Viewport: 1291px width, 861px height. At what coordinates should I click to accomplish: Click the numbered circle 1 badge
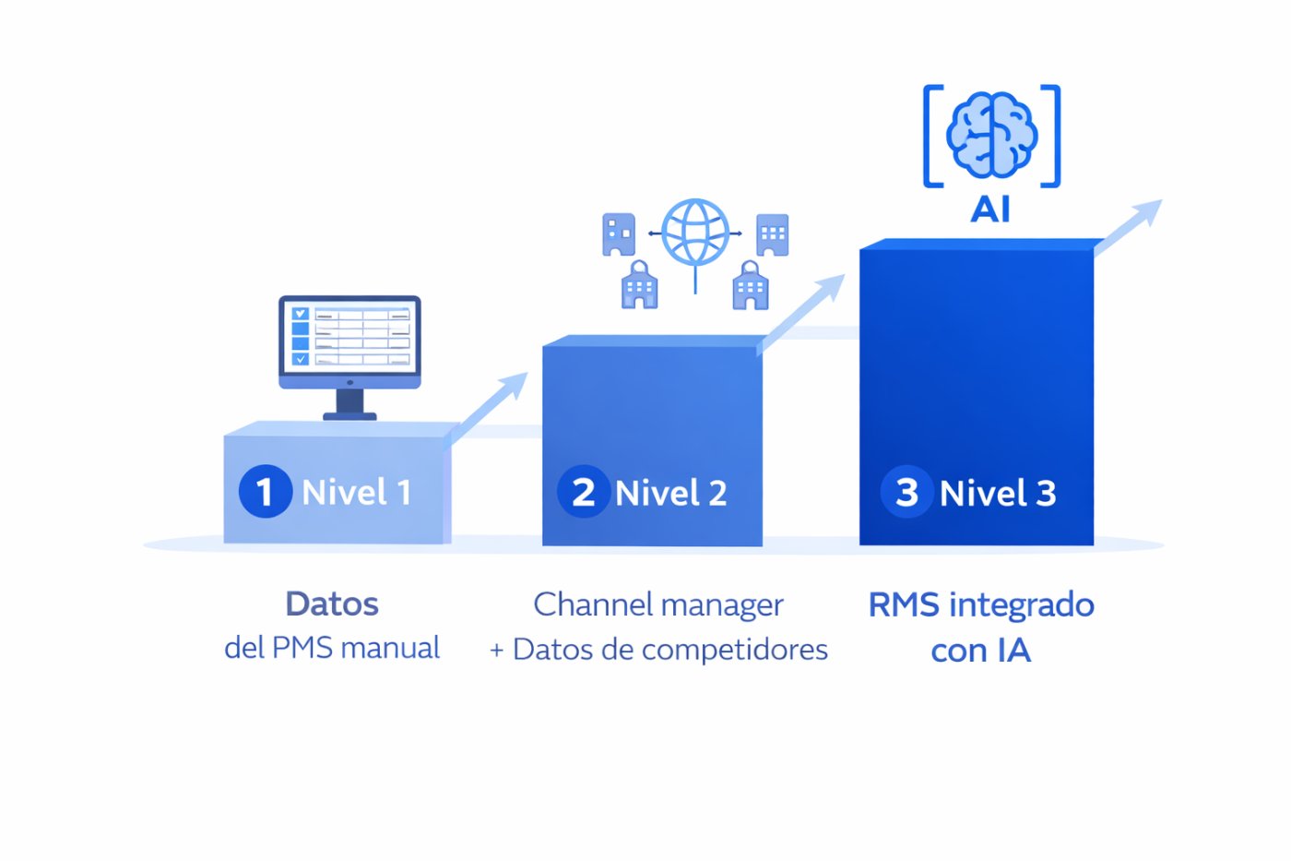click(x=265, y=491)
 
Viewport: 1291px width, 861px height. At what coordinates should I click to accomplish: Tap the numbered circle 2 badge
click(x=583, y=491)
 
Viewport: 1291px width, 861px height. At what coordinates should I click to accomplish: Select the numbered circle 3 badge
click(x=906, y=491)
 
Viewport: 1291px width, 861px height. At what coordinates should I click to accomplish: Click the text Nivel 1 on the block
click(x=356, y=492)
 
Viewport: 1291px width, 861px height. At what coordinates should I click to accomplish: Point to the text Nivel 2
click(x=671, y=493)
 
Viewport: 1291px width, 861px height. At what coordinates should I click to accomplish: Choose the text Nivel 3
click(x=998, y=493)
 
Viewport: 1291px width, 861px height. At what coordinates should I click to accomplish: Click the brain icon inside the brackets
click(x=991, y=135)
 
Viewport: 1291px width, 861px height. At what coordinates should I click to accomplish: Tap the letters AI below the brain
click(x=990, y=209)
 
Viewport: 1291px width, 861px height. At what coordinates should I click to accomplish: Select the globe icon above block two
click(x=695, y=233)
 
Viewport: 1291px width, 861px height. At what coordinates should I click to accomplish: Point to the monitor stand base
click(x=349, y=415)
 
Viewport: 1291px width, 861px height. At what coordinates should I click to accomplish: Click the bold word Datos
click(x=332, y=604)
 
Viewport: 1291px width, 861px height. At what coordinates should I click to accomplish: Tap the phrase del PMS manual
click(x=332, y=647)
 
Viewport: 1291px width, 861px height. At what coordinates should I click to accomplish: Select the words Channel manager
click(x=658, y=604)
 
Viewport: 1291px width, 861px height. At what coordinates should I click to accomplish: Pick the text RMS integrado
click(x=981, y=604)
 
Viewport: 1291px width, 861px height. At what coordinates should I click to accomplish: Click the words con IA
click(x=980, y=651)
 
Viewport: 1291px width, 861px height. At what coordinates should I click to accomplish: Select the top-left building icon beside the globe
click(x=619, y=233)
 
